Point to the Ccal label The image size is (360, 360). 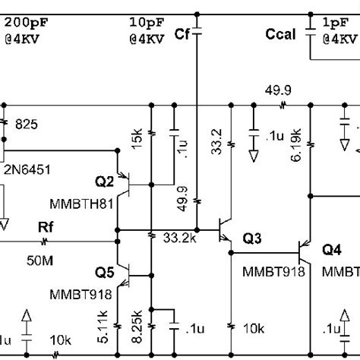point(281,33)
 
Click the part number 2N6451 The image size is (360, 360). point(27,171)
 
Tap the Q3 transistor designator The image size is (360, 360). point(251,238)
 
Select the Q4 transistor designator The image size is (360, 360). point(333,249)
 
